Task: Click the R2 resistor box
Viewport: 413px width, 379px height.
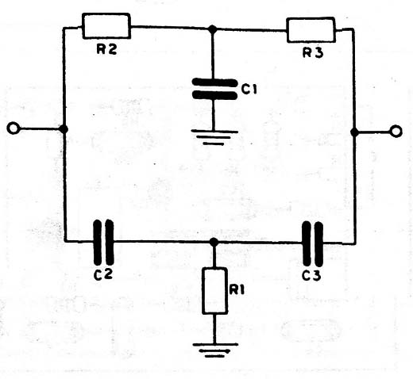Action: point(106,26)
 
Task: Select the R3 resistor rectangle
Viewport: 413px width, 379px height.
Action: point(311,30)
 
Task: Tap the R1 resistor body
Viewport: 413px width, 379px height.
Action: point(214,291)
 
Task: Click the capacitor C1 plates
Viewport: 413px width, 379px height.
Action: point(214,89)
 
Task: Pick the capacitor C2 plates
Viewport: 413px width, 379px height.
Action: point(104,242)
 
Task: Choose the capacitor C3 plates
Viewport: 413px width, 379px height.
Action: point(313,243)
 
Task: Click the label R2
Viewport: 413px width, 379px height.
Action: point(106,49)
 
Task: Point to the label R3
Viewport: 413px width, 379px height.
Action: point(313,52)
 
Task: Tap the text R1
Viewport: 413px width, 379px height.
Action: point(237,290)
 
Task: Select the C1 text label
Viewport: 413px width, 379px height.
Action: point(249,90)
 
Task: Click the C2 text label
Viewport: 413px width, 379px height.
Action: point(103,274)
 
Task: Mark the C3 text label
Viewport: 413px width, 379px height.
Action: point(311,275)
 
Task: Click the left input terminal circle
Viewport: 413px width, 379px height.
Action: point(13,128)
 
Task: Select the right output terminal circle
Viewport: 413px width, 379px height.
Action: point(396,131)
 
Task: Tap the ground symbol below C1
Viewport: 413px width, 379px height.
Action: point(214,137)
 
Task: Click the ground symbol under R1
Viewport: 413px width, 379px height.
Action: point(215,350)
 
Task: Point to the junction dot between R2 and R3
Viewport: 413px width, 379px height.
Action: point(212,29)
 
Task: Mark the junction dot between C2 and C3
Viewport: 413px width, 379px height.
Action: point(214,242)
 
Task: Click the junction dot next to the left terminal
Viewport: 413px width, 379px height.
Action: point(64,129)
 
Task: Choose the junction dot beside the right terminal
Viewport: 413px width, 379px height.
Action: point(354,132)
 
